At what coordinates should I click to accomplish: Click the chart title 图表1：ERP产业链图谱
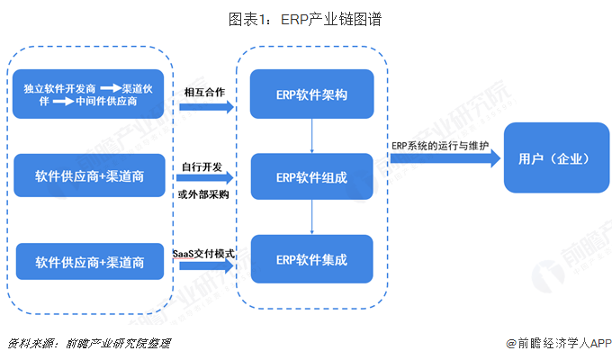[305, 19]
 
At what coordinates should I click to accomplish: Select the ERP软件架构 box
[311, 94]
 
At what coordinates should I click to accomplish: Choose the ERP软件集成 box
[311, 260]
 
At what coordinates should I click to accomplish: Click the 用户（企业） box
[553, 158]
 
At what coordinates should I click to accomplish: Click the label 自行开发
[202, 166]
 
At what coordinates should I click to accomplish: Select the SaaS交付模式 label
[203, 253]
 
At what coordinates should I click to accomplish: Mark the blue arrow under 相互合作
[205, 107]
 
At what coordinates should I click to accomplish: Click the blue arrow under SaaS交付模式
[205, 268]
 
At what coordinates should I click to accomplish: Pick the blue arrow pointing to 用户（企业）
[445, 159]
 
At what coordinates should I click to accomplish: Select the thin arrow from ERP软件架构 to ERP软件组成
[311, 136]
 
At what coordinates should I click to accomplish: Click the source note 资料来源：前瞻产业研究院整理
[89, 343]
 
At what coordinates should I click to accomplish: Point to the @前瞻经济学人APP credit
[551, 343]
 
